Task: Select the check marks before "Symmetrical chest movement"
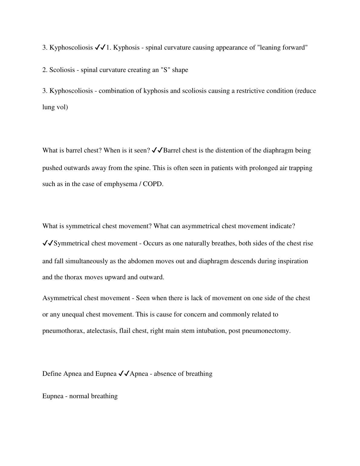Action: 48,243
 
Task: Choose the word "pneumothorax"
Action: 63,331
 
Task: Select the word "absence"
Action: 166,374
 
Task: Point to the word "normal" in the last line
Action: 79,396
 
